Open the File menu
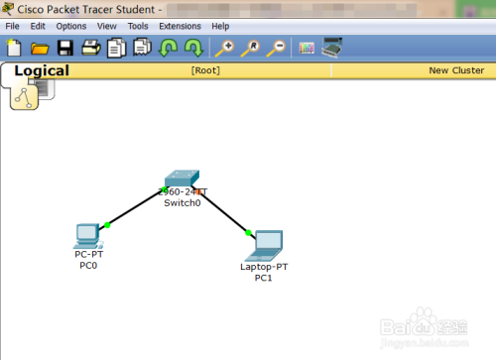(x=12, y=26)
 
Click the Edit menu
(x=38, y=26)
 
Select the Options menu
(x=70, y=26)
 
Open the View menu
(x=107, y=26)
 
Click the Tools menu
(x=138, y=26)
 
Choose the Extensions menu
(x=180, y=26)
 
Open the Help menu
(x=220, y=26)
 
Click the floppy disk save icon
(x=65, y=48)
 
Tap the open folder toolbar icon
(x=40, y=48)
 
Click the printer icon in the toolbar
(x=90, y=48)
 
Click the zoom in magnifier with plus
(x=224, y=48)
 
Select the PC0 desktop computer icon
(x=87, y=235)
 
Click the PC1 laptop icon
(x=267, y=243)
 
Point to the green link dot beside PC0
(x=107, y=225)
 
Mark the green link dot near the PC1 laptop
(x=248, y=233)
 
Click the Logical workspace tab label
(x=42, y=70)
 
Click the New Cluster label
(x=455, y=71)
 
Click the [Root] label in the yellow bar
(x=205, y=71)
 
